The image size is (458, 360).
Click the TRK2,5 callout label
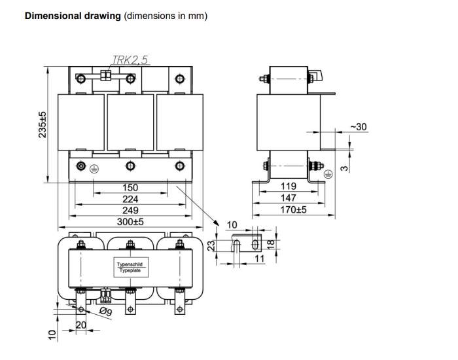click(x=130, y=60)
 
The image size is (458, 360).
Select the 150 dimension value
click(x=130, y=187)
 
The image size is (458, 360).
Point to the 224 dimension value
click(x=130, y=199)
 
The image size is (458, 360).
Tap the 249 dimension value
click(x=130, y=210)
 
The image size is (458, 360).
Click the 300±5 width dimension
click(x=130, y=222)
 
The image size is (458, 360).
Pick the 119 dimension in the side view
click(x=289, y=187)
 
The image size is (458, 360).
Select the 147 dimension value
click(x=289, y=198)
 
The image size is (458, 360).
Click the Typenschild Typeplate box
click(x=130, y=267)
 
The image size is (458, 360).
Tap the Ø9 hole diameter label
click(x=105, y=312)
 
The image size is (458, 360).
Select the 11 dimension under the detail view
click(x=259, y=259)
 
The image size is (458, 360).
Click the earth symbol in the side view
click(x=329, y=173)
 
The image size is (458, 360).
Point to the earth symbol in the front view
click(x=94, y=168)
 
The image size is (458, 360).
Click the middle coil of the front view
click(x=130, y=121)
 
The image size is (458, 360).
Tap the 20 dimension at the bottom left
click(x=81, y=325)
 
